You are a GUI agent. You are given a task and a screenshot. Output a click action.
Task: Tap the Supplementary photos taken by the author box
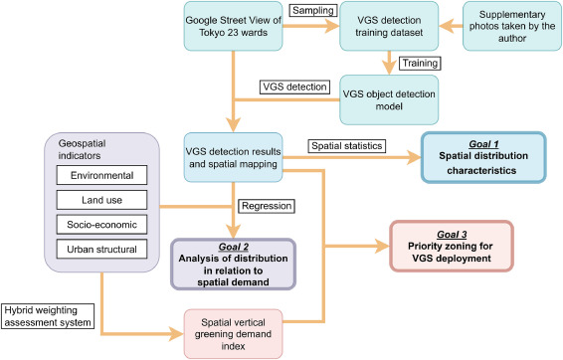(509, 26)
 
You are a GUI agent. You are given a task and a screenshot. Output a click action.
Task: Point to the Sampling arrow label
(310, 12)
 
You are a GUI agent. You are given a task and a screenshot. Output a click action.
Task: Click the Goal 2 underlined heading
(235, 247)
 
